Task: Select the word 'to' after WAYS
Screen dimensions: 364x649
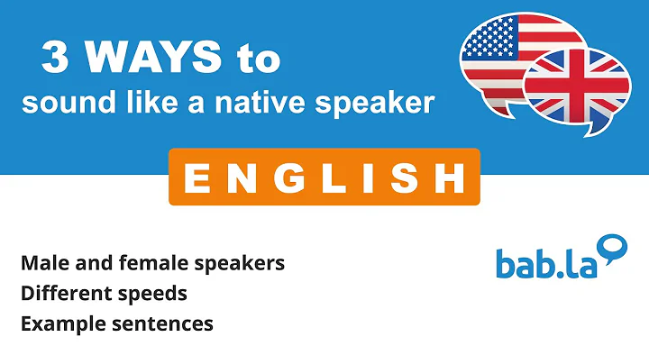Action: [x=253, y=60]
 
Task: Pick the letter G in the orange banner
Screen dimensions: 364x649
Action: [x=282, y=177]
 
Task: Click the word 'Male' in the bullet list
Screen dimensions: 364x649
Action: [x=41, y=263]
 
